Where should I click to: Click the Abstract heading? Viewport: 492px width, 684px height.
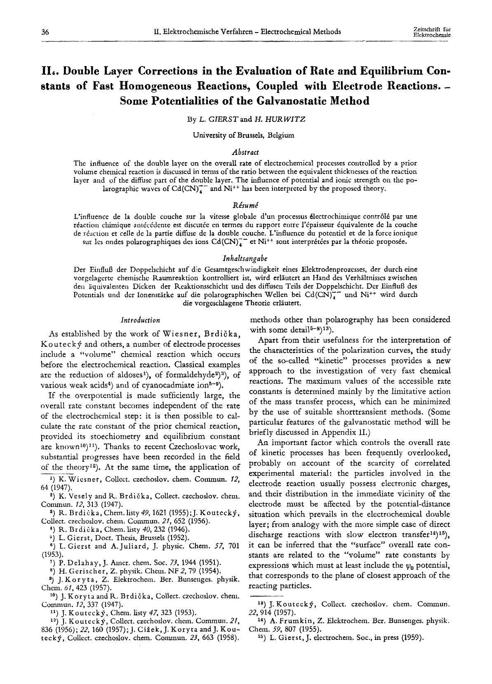(245, 153)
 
